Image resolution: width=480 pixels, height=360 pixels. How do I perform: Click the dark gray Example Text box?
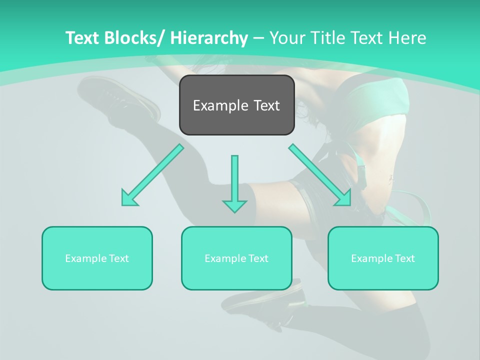[237, 105]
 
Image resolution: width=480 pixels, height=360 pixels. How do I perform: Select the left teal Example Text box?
[97, 258]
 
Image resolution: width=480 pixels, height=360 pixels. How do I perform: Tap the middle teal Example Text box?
[236, 258]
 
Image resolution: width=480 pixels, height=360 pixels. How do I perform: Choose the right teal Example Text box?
[383, 258]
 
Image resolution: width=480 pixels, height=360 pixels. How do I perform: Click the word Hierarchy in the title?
[208, 38]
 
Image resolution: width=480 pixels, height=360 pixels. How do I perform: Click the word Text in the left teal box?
[119, 258]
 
